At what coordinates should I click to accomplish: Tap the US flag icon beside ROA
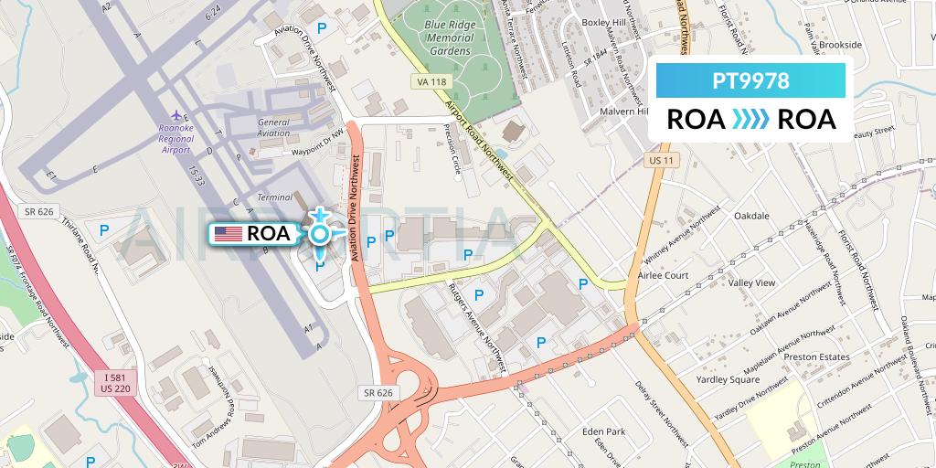228,234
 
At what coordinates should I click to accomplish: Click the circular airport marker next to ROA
319,235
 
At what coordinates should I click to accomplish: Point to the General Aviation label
273,128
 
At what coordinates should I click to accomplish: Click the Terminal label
275,197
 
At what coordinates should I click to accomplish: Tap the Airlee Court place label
664,275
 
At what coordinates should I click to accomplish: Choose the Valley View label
751,283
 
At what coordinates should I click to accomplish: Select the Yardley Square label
728,380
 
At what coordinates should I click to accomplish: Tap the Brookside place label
839,45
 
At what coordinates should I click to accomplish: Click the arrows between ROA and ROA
751,120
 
